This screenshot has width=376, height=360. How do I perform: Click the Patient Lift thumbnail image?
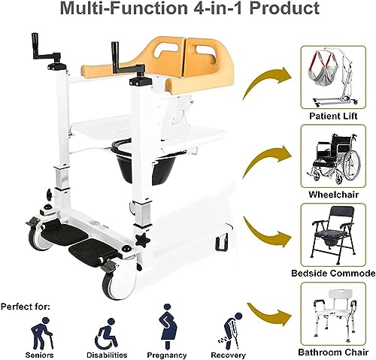click(x=333, y=77)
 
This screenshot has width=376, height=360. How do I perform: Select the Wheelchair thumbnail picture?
click(x=333, y=156)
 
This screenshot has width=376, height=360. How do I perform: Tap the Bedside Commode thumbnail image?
click(x=333, y=235)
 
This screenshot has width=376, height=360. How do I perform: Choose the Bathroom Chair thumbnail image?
click(x=333, y=314)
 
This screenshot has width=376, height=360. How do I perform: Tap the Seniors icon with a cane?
click(x=41, y=333)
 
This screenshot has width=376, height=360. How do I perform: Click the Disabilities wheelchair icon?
click(x=107, y=334)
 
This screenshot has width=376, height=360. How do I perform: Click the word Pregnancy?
click(x=167, y=355)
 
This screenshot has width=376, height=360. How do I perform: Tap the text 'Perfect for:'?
click(x=26, y=307)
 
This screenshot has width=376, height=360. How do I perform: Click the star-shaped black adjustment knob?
click(x=142, y=241)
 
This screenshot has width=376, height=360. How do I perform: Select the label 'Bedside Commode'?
click(x=333, y=273)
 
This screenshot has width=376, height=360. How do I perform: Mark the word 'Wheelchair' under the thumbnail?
click(x=333, y=195)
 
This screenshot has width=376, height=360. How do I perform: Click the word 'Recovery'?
click(x=228, y=355)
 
